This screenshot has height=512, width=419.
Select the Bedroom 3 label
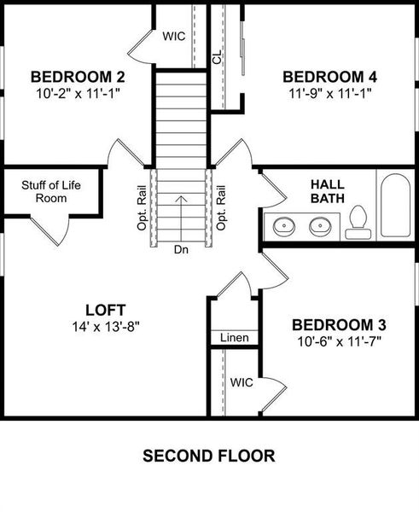339,325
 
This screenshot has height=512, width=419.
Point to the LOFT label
106,309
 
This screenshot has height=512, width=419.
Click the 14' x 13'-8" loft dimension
106,325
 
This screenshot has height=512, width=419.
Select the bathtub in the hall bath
396,207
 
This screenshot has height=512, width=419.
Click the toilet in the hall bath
356,224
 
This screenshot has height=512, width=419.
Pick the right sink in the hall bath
321,227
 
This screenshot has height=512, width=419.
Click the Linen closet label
234,338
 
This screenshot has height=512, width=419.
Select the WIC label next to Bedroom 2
174,37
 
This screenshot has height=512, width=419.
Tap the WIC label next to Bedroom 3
242,383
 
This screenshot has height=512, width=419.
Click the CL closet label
218,57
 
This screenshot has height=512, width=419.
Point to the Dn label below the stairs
180,250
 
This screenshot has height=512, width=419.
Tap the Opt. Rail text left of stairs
141,208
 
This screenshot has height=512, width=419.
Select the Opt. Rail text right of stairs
220,208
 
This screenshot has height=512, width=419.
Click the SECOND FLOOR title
209,456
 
